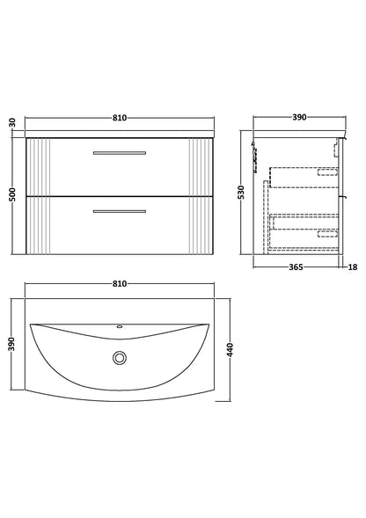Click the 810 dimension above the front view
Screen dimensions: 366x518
click(x=120, y=118)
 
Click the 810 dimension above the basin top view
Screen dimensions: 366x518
click(x=120, y=284)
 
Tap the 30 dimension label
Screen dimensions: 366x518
click(x=12, y=123)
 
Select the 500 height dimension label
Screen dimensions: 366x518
click(x=12, y=194)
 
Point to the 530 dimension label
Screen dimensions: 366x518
click(x=241, y=193)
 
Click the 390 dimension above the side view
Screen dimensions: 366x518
click(x=299, y=117)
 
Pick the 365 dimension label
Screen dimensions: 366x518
click(x=296, y=267)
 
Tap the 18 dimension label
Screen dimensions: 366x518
click(x=353, y=267)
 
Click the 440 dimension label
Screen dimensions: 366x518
click(x=231, y=349)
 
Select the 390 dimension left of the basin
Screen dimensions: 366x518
click(x=12, y=344)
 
